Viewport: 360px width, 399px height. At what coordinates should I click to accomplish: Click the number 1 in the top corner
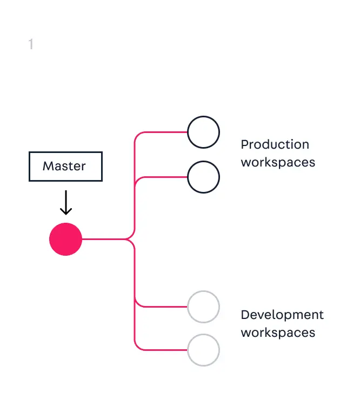pos(31,44)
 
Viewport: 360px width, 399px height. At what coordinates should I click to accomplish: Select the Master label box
pos(65,166)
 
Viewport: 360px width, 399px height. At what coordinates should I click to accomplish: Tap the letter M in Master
pos(48,166)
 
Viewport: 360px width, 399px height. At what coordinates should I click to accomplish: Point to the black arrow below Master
pos(65,203)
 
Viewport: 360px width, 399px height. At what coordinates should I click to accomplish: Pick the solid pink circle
pos(65,239)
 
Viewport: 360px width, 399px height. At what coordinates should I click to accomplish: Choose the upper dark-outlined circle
pos(203,132)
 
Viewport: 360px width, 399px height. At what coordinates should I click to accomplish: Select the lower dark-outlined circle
pos(203,177)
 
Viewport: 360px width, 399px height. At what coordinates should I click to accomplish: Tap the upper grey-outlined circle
pos(203,307)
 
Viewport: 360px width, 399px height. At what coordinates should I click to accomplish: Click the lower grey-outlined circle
pos(203,350)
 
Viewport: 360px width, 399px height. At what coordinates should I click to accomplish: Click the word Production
pos(275,144)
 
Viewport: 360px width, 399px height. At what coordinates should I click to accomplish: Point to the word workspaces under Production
pos(278,162)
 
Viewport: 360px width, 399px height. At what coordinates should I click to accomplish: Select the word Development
pos(282,315)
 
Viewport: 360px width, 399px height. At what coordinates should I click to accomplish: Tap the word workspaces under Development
pos(278,332)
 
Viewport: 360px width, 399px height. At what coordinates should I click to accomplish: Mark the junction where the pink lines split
pos(130,239)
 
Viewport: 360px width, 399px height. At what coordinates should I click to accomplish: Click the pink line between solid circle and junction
pos(103,239)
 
